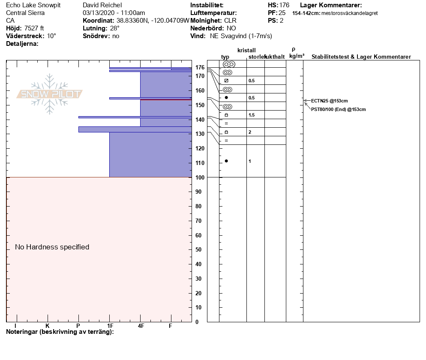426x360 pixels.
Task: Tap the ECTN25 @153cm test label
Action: (x=329, y=101)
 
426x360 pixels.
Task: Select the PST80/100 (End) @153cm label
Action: (x=338, y=109)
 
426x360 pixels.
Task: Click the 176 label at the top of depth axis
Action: (x=200, y=67)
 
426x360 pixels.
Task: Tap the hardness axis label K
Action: (x=48, y=326)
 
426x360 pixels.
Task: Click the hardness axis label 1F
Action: (x=110, y=326)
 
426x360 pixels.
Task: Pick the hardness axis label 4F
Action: (x=141, y=326)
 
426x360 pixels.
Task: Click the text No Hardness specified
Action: (x=52, y=247)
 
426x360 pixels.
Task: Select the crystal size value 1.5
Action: (x=252, y=115)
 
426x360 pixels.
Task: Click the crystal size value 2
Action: (x=250, y=132)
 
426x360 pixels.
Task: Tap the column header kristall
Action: (x=246, y=51)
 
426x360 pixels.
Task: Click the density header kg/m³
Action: (x=297, y=56)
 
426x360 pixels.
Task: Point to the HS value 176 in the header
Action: (x=284, y=5)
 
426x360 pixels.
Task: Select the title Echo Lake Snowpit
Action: (x=33, y=5)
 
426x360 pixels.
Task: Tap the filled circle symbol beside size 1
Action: (x=226, y=161)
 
